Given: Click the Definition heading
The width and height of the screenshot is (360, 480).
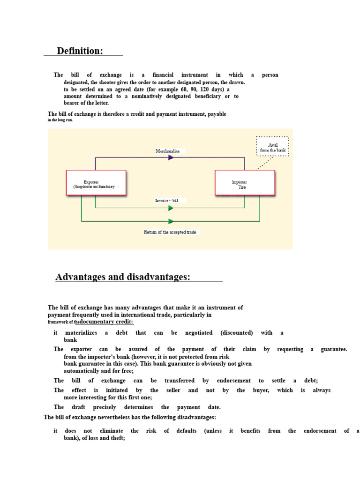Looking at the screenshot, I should [80, 51].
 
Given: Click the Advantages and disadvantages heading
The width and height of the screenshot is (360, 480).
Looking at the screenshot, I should [123, 277].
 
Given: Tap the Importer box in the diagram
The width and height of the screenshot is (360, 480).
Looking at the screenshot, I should [244, 183].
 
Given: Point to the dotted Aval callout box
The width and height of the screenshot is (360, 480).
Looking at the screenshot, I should [272, 147].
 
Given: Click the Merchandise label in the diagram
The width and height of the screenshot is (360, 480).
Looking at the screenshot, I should [168, 151].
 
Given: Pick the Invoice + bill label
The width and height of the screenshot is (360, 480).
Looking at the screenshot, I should [166, 200].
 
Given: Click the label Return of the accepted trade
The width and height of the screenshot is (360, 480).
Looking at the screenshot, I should [170, 232].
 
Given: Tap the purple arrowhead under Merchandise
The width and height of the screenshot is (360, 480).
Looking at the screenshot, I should [171, 157].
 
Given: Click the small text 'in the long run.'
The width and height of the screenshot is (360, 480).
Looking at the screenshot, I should [60, 120].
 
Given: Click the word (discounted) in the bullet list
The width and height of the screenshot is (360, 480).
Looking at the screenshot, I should [236, 333].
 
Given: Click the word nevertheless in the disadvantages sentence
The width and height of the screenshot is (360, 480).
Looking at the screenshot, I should [109, 417].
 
